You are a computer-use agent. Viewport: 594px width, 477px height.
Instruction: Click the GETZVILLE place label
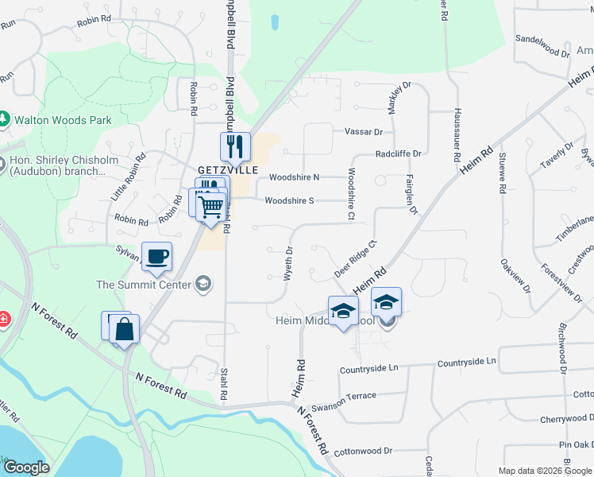click(x=229, y=170)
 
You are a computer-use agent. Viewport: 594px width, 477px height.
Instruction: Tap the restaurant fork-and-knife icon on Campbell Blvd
click(x=235, y=145)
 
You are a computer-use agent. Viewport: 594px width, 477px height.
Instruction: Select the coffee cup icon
click(x=157, y=255)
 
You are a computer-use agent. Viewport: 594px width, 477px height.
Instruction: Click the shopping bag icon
click(x=125, y=328)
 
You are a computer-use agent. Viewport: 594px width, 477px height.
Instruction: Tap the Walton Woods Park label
click(x=63, y=120)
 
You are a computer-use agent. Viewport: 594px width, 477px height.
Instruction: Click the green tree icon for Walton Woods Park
click(x=5, y=120)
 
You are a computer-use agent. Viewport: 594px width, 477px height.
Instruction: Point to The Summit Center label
click(x=144, y=285)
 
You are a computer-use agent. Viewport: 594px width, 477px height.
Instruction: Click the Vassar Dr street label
click(x=364, y=132)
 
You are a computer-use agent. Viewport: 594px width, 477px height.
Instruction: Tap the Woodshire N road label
click(x=294, y=177)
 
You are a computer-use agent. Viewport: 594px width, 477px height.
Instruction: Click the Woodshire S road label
click(x=290, y=200)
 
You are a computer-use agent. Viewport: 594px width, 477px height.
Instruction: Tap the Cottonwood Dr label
click(x=364, y=451)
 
